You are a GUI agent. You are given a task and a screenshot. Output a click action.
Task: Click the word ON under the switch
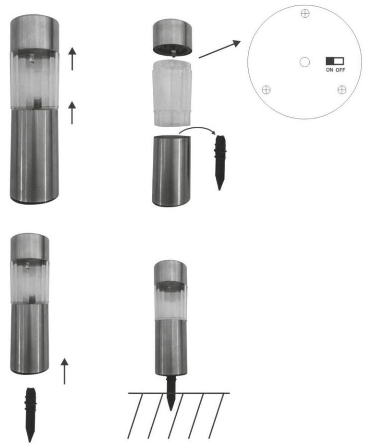(x=329, y=70)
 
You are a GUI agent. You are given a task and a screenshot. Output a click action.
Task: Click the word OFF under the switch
(x=340, y=70)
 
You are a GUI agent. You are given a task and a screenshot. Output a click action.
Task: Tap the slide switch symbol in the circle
(x=335, y=61)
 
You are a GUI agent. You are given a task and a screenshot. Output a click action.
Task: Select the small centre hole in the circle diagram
(x=304, y=62)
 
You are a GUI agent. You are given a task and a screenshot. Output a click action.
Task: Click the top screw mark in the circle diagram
(x=305, y=13)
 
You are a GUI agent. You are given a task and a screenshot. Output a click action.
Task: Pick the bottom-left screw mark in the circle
(x=266, y=90)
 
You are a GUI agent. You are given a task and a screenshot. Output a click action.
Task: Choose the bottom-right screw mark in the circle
(x=342, y=90)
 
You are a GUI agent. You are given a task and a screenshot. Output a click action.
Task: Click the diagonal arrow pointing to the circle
(x=219, y=49)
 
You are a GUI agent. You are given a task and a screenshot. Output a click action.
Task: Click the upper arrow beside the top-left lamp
(x=73, y=59)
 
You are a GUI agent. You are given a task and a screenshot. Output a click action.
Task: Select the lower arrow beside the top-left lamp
(x=72, y=113)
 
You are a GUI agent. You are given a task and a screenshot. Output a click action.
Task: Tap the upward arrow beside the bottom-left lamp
(x=65, y=371)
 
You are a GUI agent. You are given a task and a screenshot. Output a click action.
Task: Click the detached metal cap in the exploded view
(x=172, y=37)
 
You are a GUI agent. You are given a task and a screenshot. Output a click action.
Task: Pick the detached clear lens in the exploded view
(x=172, y=94)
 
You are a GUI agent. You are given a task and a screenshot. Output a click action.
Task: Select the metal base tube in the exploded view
(x=171, y=170)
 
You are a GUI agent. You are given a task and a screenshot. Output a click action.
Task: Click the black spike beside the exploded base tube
(x=219, y=162)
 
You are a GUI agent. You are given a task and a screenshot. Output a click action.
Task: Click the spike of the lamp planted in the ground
(x=170, y=393)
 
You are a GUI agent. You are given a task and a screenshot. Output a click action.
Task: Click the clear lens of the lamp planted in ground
(x=171, y=300)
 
